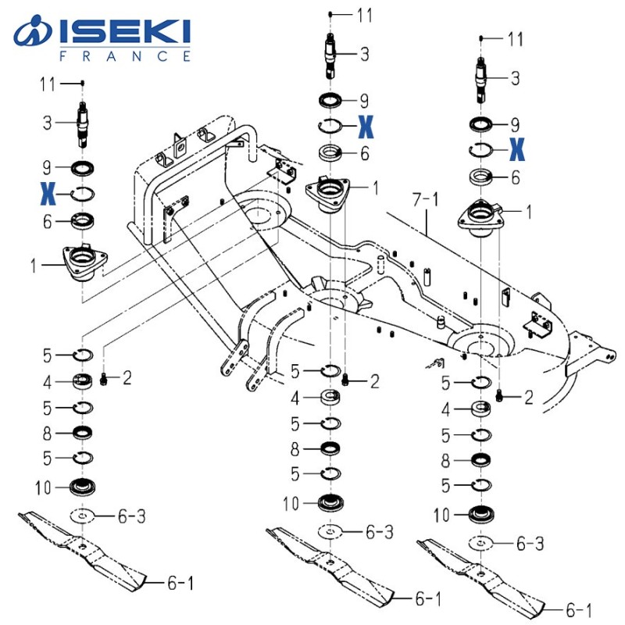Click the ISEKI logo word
125,32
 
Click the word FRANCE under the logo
125,56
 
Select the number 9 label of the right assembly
514,124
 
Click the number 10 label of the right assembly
441,515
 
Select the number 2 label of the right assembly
528,398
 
